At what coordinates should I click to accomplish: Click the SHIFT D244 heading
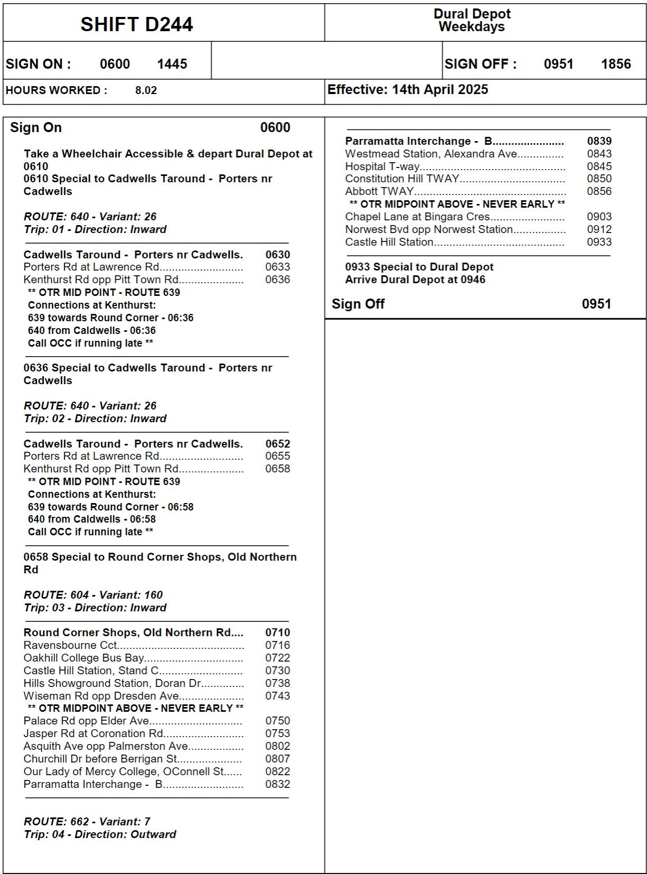(x=136, y=24)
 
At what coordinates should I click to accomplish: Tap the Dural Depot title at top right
(x=472, y=14)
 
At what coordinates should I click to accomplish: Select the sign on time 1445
(x=172, y=64)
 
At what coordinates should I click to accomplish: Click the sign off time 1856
(x=616, y=64)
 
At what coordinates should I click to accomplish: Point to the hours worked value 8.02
(x=146, y=90)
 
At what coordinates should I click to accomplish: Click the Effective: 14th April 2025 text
(x=408, y=89)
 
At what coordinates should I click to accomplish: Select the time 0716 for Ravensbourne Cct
(x=278, y=645)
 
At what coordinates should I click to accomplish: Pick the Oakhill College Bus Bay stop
(x=83, y=658)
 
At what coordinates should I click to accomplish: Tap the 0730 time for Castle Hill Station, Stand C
(x=278, y=671)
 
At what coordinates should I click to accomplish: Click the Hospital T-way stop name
(x=382, y=166)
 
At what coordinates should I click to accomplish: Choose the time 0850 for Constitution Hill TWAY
(x=599, y=179)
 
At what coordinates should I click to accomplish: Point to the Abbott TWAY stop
(x=379, y=191)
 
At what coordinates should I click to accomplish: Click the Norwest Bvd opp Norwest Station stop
(x=429, y=229)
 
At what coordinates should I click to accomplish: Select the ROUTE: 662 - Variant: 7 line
(x=87, y=822)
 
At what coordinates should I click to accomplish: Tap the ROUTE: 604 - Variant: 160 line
(x=93, y=595)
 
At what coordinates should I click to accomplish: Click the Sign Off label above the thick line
(x=358, y=304)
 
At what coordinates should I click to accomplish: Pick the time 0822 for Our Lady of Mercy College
(x=278, y=771)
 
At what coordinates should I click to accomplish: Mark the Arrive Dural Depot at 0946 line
(x=415, y=280)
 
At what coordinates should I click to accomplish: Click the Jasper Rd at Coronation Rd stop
(x=93, y=733)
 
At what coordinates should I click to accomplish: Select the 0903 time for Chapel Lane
(x=599, y=217)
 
